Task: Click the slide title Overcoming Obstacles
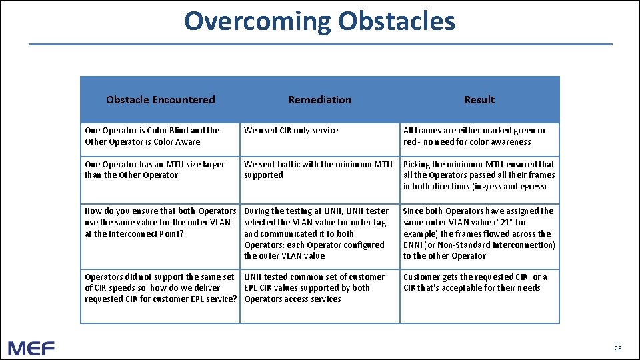click(319, 21)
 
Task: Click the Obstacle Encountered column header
click(160, 100)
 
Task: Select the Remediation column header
click(319, 100)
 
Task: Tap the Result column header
click(479, 100)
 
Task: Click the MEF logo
click(31, 347)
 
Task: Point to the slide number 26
click(617, 349)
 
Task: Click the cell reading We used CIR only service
click(291, 131)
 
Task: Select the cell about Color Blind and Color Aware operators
click(152, 136)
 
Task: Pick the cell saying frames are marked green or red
click(474, 136)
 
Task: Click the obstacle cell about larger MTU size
click(155, 170)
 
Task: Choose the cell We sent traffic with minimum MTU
click(318, 170)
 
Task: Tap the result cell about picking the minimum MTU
click(479, 175)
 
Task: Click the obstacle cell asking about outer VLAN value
click(160, 222)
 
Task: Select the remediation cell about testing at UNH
click(317, 233)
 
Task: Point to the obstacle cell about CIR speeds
click(160, 288)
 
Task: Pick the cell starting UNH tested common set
click(315, 288)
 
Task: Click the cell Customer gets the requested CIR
click(475, 283)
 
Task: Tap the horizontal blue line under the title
click(319, 45)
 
